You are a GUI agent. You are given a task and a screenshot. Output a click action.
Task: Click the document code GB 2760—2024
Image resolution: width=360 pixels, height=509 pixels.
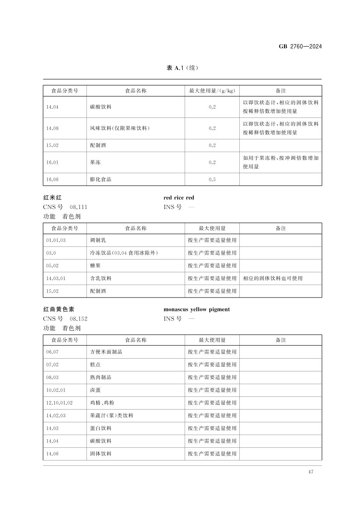click(x=300, y=47)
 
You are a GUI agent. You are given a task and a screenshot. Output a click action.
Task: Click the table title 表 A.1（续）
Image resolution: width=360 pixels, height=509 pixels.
click(x=182, y=68)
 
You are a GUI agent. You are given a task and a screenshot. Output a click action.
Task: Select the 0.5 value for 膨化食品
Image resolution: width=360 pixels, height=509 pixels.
click(x=212, y=179)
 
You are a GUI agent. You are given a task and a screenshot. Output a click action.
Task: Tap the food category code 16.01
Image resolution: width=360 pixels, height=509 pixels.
click(x=52, y=162)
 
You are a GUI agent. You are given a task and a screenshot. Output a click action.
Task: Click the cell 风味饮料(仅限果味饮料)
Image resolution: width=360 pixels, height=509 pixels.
click(x=120, y=128)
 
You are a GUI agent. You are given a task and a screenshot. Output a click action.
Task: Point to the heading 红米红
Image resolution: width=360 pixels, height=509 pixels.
click(x=52, y=198)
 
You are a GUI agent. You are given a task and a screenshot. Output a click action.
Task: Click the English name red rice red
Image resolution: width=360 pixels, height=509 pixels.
click(x=179, y=198)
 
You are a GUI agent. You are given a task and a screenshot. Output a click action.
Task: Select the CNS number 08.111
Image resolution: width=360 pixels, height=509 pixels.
click(x=78, y=207)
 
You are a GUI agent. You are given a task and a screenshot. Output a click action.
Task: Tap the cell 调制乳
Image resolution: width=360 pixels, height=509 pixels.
click(x=98, y=240)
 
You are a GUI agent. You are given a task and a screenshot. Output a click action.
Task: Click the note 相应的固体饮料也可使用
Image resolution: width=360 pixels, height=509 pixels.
click(x=273, y=278)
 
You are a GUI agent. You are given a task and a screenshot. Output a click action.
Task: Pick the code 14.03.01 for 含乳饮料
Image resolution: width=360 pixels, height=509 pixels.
click(x=56, y=278)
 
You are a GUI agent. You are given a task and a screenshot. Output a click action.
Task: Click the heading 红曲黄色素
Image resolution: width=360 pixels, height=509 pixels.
click(x=59, y=309)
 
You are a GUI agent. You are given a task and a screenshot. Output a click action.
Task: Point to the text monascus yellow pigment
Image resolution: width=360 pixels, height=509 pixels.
click(x=196, y=309)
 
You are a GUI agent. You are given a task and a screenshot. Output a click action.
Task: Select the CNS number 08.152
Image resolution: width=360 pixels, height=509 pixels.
click(x=78, y=319)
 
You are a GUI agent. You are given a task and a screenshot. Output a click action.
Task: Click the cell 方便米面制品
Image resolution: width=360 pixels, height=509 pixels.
click(x=106, y=352)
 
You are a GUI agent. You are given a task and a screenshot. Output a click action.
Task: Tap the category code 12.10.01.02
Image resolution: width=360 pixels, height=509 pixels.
click(x=59, y=403)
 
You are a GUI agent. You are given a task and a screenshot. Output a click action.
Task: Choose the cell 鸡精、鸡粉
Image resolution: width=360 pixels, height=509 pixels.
click(x=102, y=403)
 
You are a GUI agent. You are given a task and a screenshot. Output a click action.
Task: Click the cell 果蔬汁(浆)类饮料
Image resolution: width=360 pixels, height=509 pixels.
click(x=112, y=416)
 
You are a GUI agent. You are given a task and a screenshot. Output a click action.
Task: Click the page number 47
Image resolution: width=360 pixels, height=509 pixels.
click(x=310, y=472)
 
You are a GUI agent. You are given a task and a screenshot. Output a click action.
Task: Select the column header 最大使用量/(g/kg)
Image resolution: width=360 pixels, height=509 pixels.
click(x=212, y=91)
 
